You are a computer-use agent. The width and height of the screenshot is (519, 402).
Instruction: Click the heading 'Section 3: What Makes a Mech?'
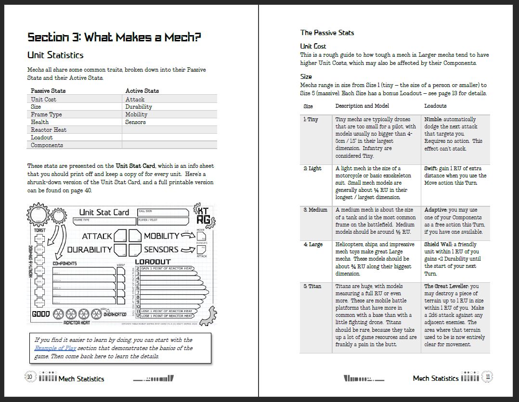click(x=114, y=38)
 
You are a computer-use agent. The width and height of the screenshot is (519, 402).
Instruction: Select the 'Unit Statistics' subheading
click(x=55, y=55)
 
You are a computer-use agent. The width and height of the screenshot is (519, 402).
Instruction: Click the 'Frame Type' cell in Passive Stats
click(x=46, y=114)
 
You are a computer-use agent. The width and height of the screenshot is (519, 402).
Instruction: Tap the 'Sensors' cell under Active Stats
click(x=135, y=122)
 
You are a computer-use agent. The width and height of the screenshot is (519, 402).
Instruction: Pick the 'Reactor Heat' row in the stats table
click(x=49, y=130)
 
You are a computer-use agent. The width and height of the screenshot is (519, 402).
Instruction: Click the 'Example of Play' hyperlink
click(x=54, y=348)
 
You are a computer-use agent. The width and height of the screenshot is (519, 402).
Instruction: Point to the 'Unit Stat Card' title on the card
click(x=104, y=212)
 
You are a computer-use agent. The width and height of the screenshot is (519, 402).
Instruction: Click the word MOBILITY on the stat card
click(x=161, y=236)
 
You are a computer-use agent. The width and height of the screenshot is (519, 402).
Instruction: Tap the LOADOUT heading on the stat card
click(x=153, y=262)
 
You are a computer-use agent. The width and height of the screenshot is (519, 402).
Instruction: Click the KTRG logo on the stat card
click(x=203, y=215)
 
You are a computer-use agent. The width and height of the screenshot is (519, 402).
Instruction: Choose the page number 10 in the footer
click(x=30, y=378)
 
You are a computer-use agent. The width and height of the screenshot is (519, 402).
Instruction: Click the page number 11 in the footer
click(x=488, y=377)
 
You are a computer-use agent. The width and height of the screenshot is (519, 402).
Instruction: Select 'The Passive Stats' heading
click(x=327, y=33)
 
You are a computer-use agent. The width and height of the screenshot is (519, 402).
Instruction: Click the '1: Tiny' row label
click(x=311, y=119)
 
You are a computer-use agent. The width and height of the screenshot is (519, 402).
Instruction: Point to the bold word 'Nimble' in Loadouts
click(x=433, y=119)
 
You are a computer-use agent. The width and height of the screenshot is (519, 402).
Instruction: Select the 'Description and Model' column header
click(x=362, y=106)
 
